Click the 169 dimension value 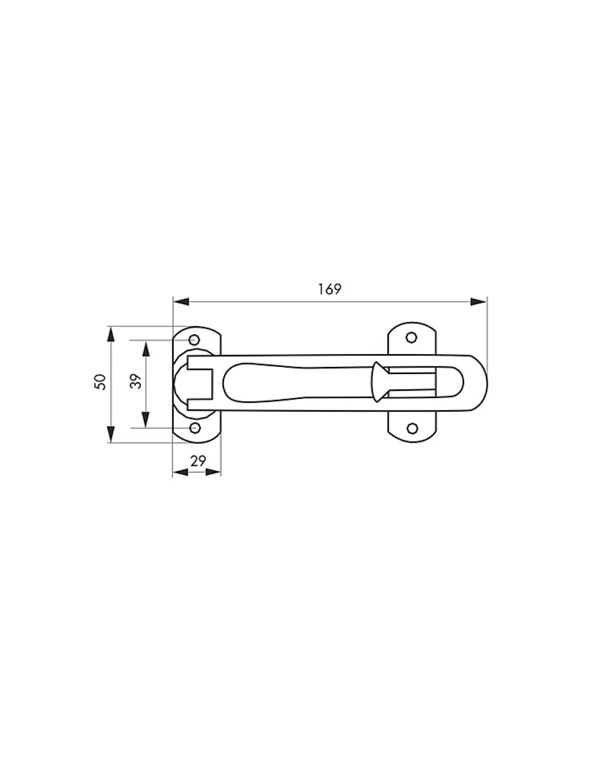coord(329,289)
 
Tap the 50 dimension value coord(100,382)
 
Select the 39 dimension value coord(136,381)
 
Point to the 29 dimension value coord(198,461)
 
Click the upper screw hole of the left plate coord(194,340)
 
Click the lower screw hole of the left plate coord(195,428)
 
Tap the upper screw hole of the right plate coord(412,338)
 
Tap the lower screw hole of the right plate coord(413,428)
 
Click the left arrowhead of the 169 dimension coord(181,301)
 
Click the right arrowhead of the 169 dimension coord(478,301)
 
